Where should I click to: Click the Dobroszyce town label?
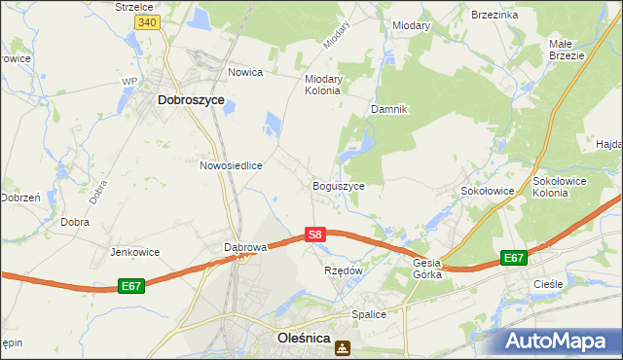click(x=191, y=99)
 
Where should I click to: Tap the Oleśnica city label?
click(x=297, y=340)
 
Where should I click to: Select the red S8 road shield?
click(x=313, y=234)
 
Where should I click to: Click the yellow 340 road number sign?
click(x=147, y=22)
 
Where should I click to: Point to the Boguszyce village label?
click(x=338, y=185)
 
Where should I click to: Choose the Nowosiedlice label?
click(x=232, y=165)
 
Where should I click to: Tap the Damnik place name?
click(x=387, y=109)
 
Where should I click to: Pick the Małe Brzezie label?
click(x=566, y=50)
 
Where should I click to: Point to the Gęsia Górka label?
click(x=427, y=268)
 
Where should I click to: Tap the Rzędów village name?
click(x=343, y=270)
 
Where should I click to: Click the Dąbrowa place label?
click(x=245, y=247)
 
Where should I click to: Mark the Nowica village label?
click(x=246, y=72)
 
